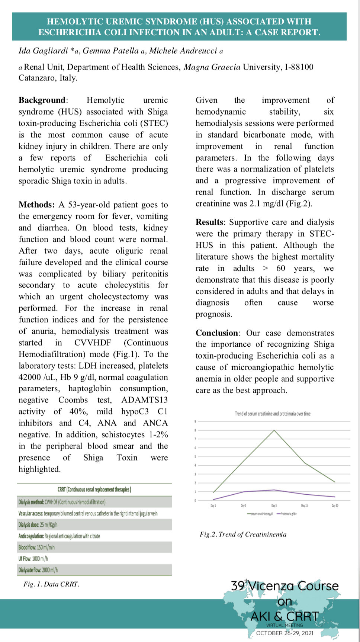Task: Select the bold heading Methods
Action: [x=36, y=205]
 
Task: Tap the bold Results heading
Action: [x=210, y=222]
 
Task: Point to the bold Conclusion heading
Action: [x=217, y=333]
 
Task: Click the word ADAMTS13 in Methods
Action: [x=144, y=400]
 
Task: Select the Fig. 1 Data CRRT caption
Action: [x=51, y=584]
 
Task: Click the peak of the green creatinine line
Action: [x=274, y=430]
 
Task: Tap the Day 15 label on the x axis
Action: [x=305, y=505]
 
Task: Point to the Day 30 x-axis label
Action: [x=335, y=505]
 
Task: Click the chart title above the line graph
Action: [x=273, y=414]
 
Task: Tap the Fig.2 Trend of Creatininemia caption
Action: [x=243, y=535]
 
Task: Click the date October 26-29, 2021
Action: [x=285, y=633]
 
